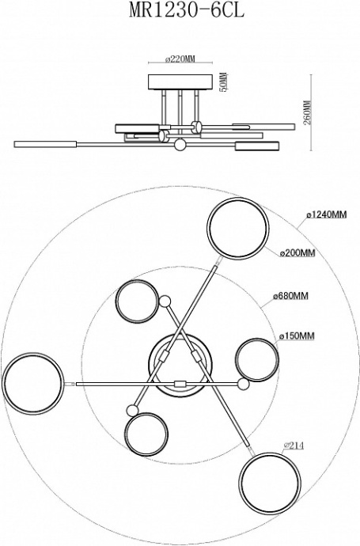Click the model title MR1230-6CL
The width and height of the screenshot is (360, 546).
(187, 10)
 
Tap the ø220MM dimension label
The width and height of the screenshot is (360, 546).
(180, 59)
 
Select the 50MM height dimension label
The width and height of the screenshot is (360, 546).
(223, 82)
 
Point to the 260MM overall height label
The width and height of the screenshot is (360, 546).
(306, 113)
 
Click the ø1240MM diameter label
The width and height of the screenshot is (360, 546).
(327, 215)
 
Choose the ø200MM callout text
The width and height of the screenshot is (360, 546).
(297, 253)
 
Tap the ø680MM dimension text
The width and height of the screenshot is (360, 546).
(290, 296)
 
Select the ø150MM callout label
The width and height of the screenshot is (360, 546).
(297, 336)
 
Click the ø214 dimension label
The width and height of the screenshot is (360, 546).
(294, 446)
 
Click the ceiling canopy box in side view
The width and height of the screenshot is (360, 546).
(180, 82)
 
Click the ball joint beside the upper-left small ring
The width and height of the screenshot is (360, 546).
(165, 301)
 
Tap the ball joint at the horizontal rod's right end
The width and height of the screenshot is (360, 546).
(244, 384)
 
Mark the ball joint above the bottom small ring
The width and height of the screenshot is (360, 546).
(132, 410)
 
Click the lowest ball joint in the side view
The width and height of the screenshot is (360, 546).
(180, 145)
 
